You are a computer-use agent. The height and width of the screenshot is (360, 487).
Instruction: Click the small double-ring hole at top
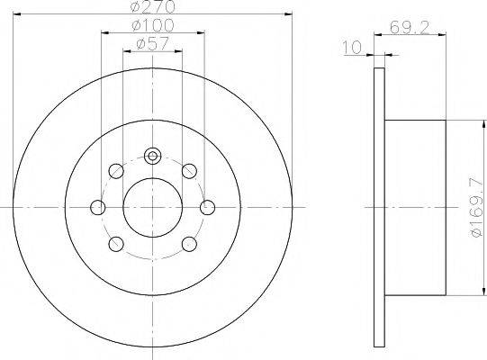(x=153, y=157)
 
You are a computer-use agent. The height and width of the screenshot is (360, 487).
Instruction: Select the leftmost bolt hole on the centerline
(x=98, y=208)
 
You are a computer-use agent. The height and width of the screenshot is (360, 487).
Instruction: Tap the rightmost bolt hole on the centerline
(x=208, y=208)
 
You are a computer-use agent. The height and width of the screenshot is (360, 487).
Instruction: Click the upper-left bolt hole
(x=115, y=171)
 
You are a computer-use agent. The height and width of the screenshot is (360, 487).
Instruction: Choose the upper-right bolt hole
(x=189, y=171)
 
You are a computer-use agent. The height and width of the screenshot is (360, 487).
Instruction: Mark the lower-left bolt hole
(x=115, y=245)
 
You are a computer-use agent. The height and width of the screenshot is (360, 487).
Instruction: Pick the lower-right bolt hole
(x=189, y=245)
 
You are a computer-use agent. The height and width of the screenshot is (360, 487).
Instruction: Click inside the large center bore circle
(x=153, y=208)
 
